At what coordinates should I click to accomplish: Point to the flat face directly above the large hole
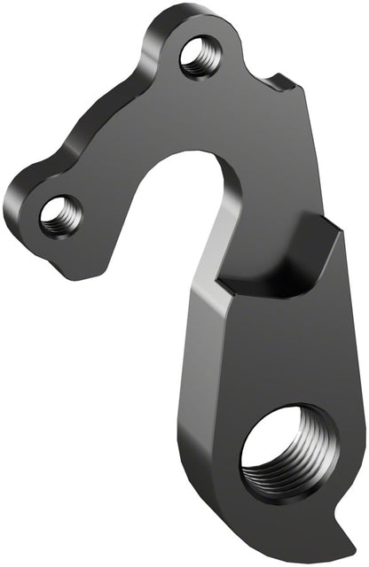pyautogui.click(x=275, y=354)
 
